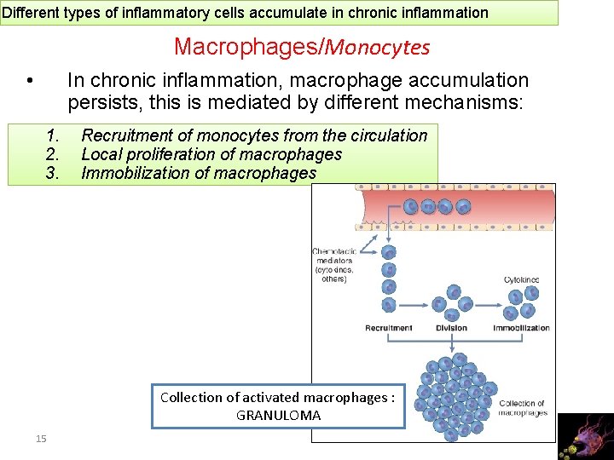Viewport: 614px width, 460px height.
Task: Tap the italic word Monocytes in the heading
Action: coord(375,48)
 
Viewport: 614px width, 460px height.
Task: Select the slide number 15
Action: coord(41,438)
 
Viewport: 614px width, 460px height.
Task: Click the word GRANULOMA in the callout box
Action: coord(278,416)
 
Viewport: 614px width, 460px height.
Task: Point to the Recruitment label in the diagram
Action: coord(388,328)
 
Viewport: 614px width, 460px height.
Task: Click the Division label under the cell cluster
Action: coord(451,328)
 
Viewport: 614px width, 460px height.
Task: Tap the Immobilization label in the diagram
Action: coord(521,328)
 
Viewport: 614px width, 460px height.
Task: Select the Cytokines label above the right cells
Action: coord(521,279)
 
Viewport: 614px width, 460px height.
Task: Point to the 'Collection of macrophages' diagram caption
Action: coord(522,408)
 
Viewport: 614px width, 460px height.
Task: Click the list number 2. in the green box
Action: coord(53,154)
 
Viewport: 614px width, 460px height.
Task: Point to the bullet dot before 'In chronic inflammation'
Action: coord(30,82)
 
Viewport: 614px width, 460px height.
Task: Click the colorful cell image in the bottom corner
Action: coord(584,436)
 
